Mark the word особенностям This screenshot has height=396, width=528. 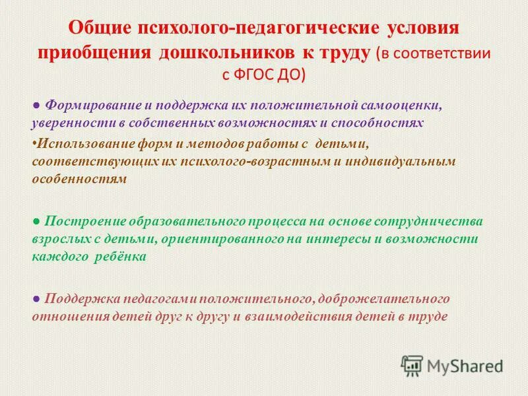point(79,178)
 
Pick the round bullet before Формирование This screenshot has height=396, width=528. point(36,106)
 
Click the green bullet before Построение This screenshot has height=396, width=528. point(36,220)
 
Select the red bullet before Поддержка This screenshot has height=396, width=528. point(36,299)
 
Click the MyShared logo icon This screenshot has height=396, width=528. point(412,364)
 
